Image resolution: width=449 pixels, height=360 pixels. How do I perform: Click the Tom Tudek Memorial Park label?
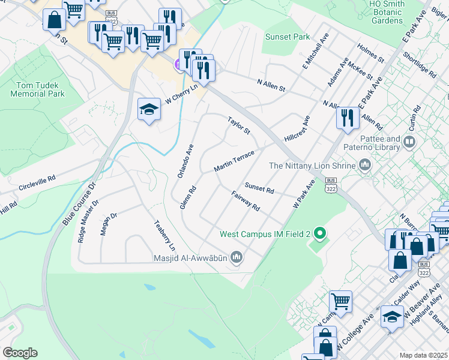pos(37,89)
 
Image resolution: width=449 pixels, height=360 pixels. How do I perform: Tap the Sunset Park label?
pos(287,37)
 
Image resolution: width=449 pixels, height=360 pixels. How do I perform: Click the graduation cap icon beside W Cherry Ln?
pos(149,109)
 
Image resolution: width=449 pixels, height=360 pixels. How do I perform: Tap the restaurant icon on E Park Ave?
pos(347,117)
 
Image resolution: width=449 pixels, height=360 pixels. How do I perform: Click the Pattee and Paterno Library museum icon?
pos(410,142)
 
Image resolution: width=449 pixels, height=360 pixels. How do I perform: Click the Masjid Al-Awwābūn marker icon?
pos(237,257)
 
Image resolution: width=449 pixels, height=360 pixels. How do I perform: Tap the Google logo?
pos(20,353)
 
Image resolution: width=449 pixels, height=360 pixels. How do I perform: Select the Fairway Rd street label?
pos(245,201)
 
